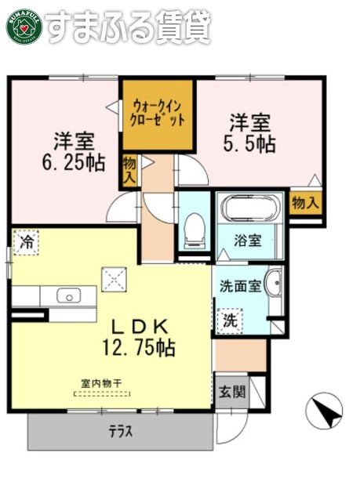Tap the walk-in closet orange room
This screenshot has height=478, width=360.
pos(158,113)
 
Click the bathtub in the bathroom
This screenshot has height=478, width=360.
pos(249,210)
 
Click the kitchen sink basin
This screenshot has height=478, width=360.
pos(68,296)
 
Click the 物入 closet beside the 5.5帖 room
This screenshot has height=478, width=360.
pos(306,203)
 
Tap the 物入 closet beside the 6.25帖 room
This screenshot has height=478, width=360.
pos(130,172)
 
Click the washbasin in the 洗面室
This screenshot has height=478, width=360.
pos(273,283)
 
